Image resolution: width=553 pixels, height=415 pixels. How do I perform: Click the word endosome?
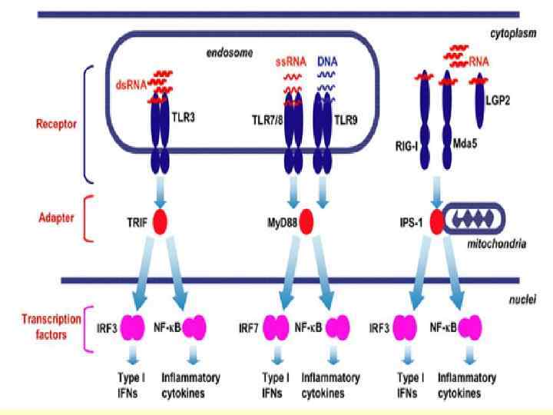[226, 55]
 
